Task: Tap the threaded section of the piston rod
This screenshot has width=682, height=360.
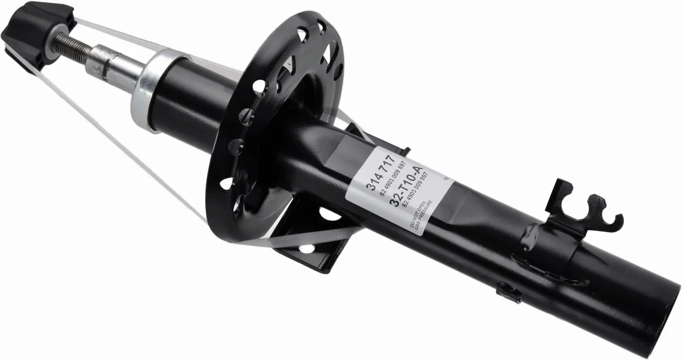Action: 72,43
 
